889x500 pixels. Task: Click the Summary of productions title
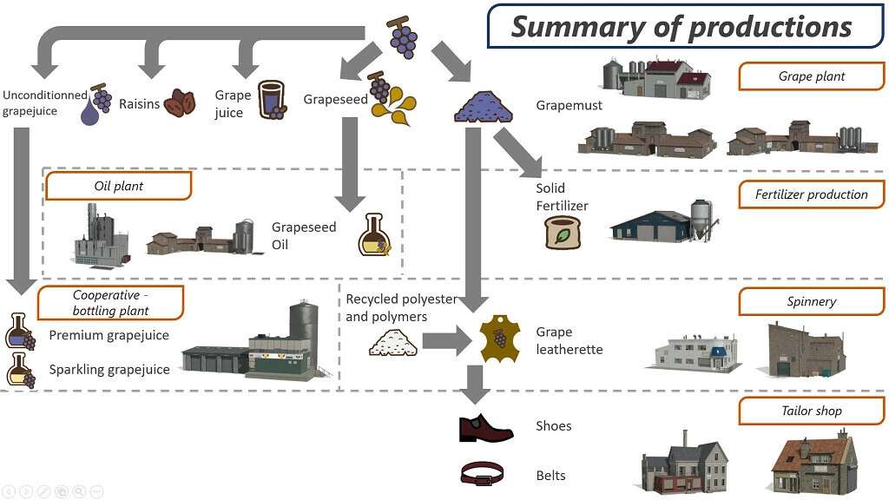pos(682,26)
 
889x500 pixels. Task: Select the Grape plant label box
pos(811,76)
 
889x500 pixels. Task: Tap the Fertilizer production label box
pos(811,194)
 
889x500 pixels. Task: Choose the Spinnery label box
pos(811,302)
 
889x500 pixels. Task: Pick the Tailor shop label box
pos(811,411)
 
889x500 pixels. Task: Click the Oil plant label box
pos(118,186)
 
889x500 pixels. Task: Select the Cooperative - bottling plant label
pos(110,303)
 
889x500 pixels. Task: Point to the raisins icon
pos(180,103)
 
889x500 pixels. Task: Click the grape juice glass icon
pos(271,100)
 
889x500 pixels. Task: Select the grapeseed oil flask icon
pos(374,235)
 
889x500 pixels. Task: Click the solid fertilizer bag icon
pos(562,233)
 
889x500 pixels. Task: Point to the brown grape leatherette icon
pos(500,338)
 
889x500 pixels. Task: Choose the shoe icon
pos(486,428)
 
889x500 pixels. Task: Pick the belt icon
pos(482,474)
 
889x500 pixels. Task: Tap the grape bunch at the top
pos(402,36)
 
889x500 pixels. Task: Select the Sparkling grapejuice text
pos(109,370)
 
